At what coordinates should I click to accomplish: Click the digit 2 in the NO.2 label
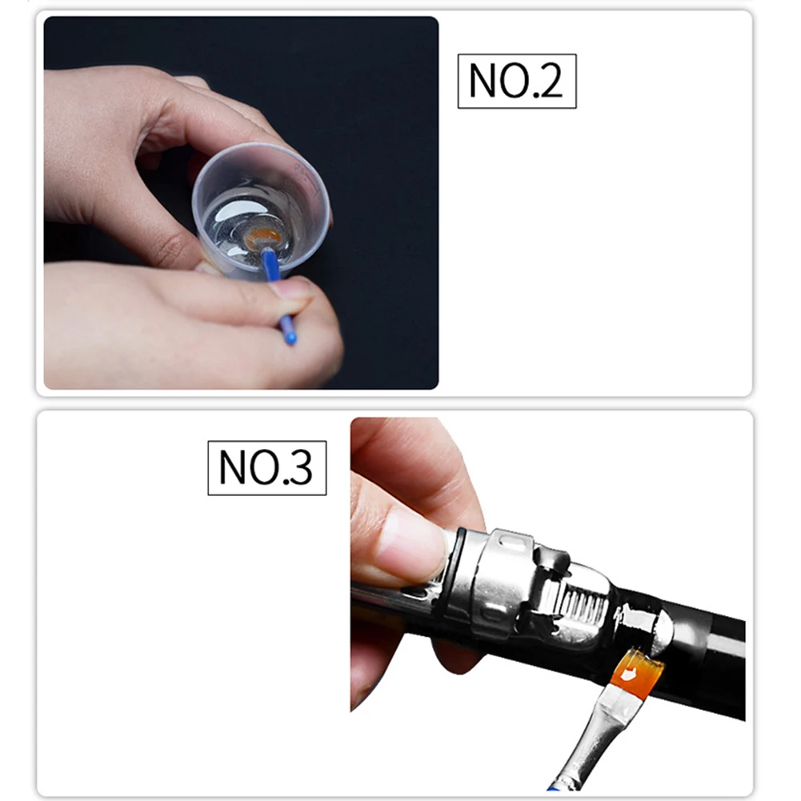pos(549,82)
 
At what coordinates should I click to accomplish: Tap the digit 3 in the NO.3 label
pos(299,468)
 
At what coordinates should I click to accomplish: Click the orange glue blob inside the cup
pos(263,237)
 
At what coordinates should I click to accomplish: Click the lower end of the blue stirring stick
pos(290,338)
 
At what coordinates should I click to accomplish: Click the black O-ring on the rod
pos(453,572)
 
